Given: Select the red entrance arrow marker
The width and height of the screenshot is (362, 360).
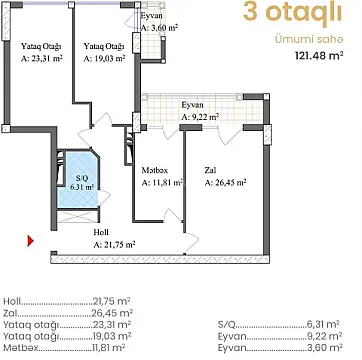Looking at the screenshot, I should (31, 240).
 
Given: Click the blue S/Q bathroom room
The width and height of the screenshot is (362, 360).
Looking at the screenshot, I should (76, 180).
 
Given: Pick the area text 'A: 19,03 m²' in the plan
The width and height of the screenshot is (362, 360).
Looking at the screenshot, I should (104, 59).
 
